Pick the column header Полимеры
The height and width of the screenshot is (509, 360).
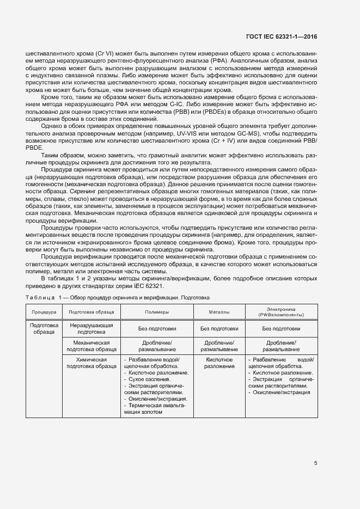(x=156, y=312)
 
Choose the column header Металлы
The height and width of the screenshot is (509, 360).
(x=219, y=312)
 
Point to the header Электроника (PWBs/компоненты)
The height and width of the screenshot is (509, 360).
(x=281, y=312)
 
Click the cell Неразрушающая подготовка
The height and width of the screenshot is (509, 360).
(x=91, y=328)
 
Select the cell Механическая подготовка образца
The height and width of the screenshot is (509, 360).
(x=91, y=346)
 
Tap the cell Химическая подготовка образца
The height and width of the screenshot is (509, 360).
(x=91, y=363)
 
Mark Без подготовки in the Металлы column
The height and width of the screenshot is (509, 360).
(x=219, y=329)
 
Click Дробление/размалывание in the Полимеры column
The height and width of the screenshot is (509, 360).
(x=156, y=346)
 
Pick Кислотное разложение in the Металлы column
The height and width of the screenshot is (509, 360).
(x=219, y=363)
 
